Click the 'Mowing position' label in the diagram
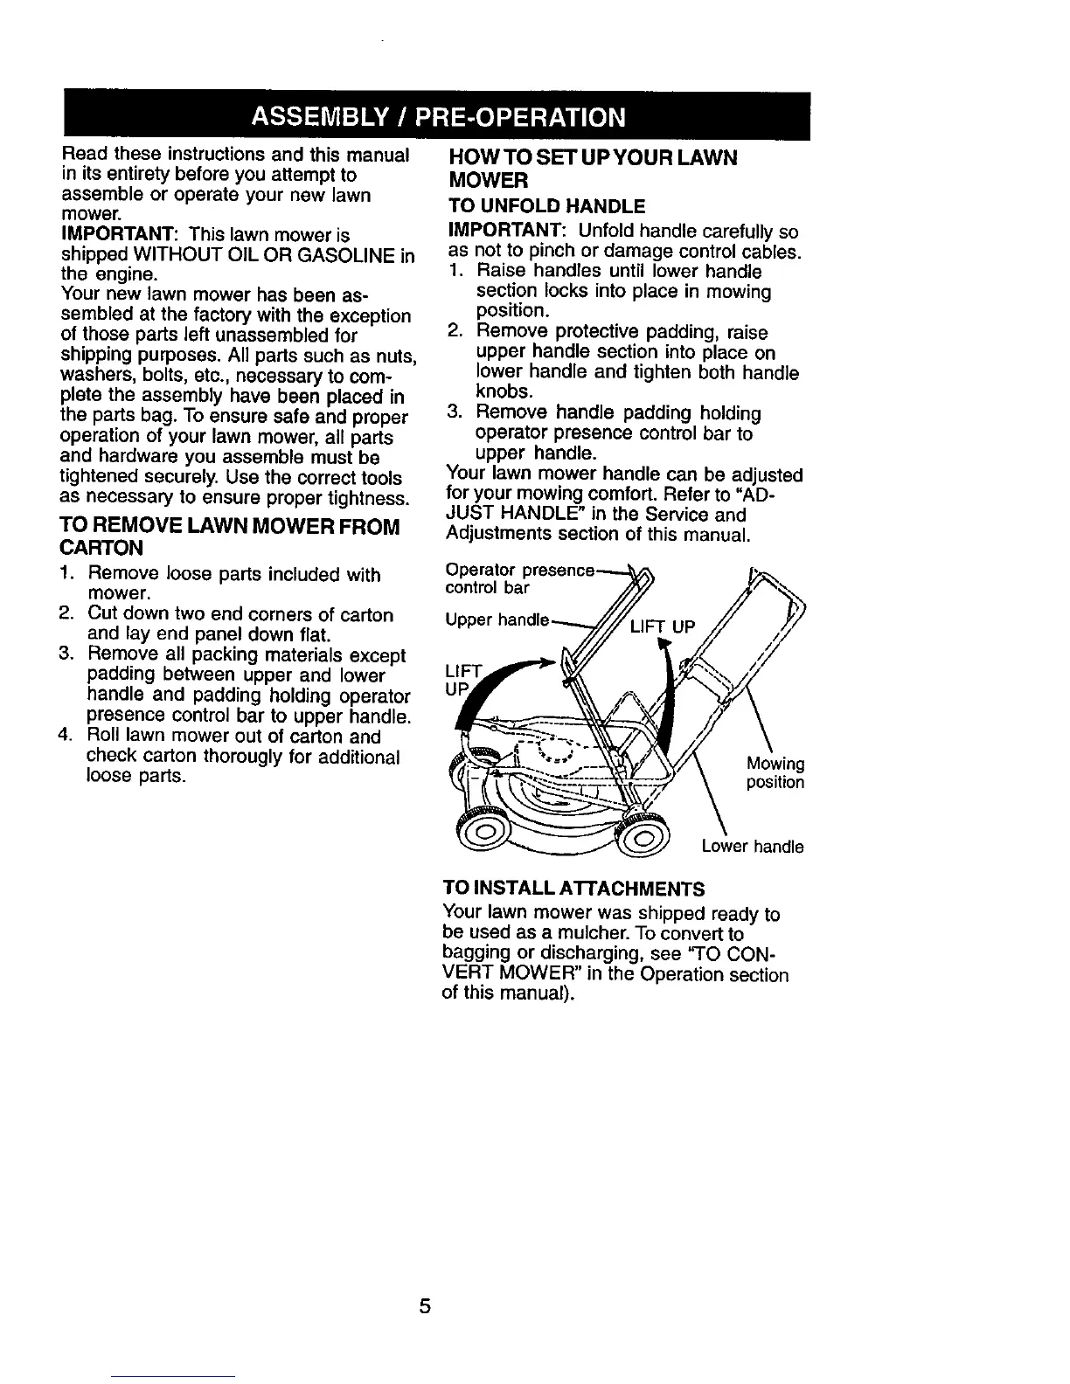[x=775, y=772]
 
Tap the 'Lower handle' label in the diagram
[x=753, y=846]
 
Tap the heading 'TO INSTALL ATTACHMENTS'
[x=573, y=889]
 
